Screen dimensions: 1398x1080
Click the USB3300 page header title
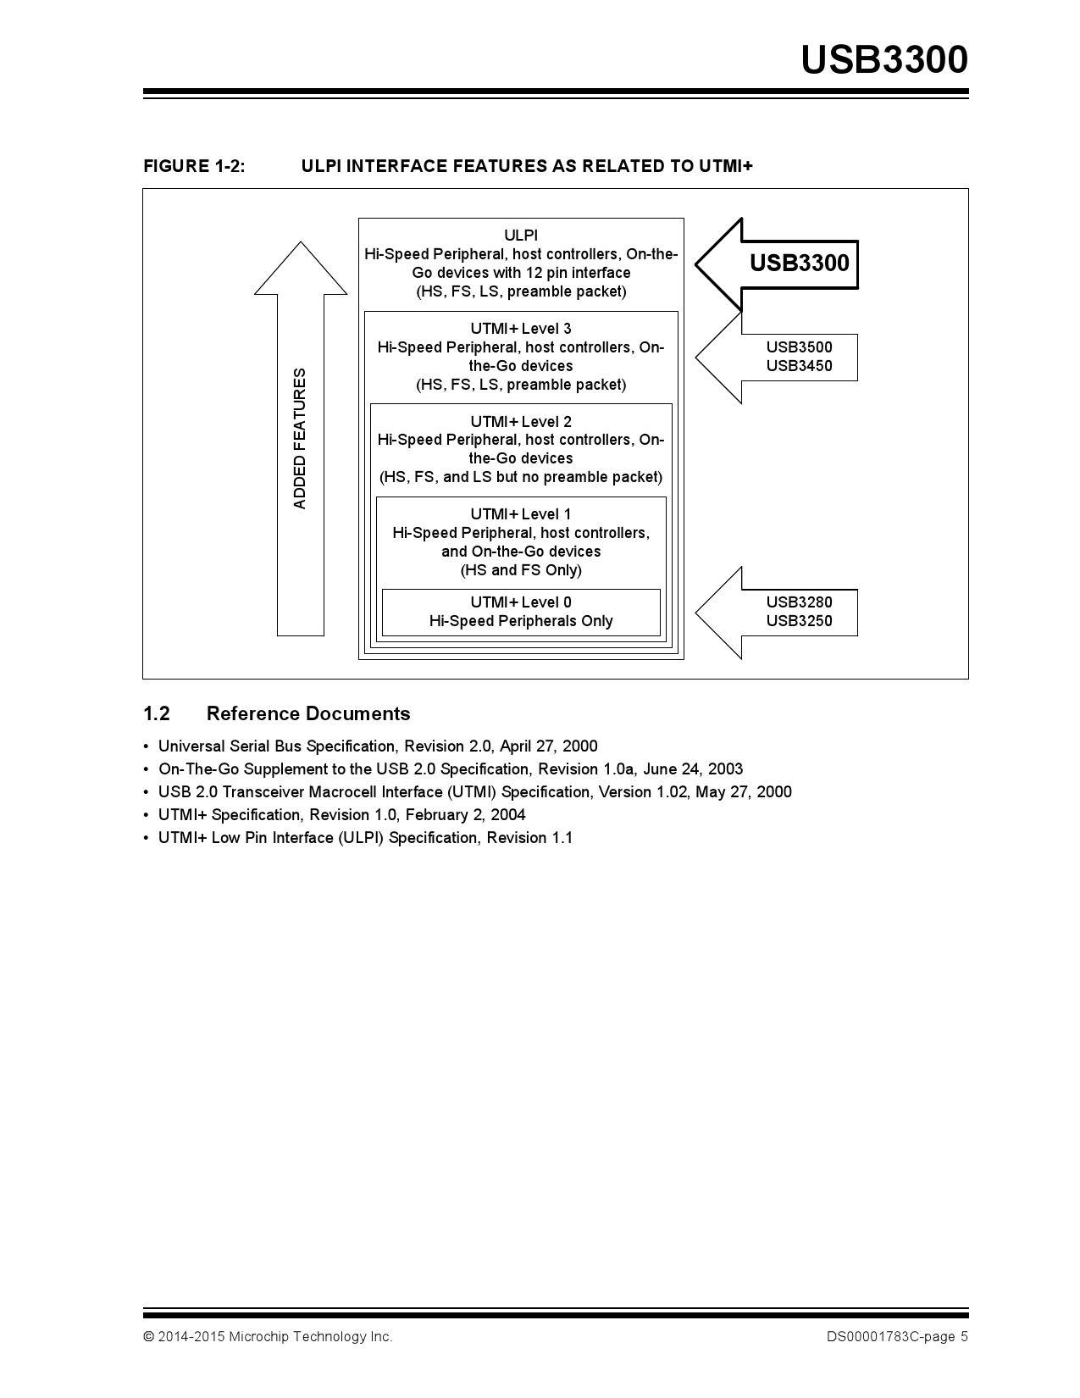(883, 60)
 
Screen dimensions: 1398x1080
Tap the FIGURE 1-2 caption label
(194, 166)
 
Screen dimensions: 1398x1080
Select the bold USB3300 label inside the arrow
(799, 263)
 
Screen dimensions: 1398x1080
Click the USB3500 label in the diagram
(799, 347)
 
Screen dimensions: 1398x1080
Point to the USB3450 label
(799, 366)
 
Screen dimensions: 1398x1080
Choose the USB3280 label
(799, 602)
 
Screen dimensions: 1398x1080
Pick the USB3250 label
(799, 621)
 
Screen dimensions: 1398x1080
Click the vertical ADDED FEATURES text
(300, 439)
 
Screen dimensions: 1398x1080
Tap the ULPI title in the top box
(521, 236)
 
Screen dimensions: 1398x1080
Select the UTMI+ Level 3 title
(521, 329)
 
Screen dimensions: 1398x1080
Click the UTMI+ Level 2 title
(521, 422)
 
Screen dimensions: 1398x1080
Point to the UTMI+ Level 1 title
(521, 514)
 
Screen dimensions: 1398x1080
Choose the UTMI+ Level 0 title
(521, 602)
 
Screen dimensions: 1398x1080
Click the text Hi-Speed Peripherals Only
(521, 621)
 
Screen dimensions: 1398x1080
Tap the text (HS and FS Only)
(521, 570)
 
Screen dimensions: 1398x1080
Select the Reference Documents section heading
(307, 713)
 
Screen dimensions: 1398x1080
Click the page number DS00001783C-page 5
(897, 1337)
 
